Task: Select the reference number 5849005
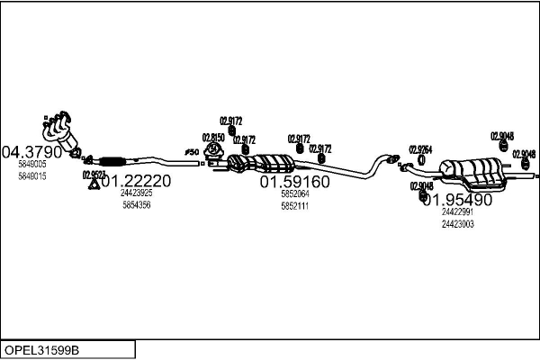(31, 165)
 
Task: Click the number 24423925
(136, 193)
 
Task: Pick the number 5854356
(136, 205)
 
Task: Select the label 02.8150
(213, 138)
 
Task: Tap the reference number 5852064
(294, 194)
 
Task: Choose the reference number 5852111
(294, 206)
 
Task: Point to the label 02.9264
(420, 149)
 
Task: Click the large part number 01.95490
(457, 200)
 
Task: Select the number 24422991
(457, 212)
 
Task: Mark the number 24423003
(457, 224)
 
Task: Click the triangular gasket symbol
(93, 185)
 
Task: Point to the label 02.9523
(94, 174)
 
